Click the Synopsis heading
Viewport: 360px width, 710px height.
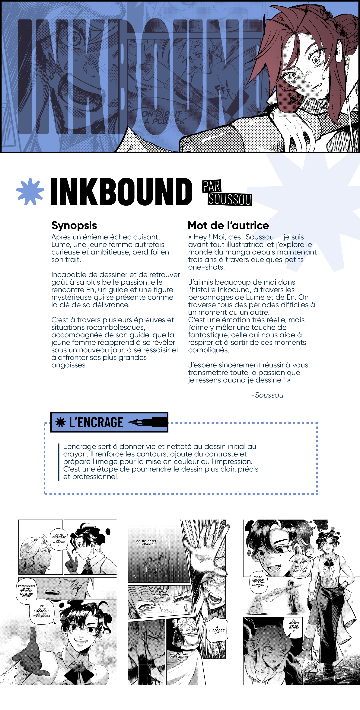[x=74, y=225]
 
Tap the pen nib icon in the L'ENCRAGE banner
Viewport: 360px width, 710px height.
[x=148, y=422]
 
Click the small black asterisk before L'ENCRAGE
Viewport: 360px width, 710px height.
[x=61, y=422]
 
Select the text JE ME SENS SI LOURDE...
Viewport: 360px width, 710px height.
[x=146, y=542]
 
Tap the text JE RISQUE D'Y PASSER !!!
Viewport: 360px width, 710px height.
[x=179, y=657]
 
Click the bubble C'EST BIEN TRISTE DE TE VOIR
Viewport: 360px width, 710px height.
[x=300, y=566]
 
